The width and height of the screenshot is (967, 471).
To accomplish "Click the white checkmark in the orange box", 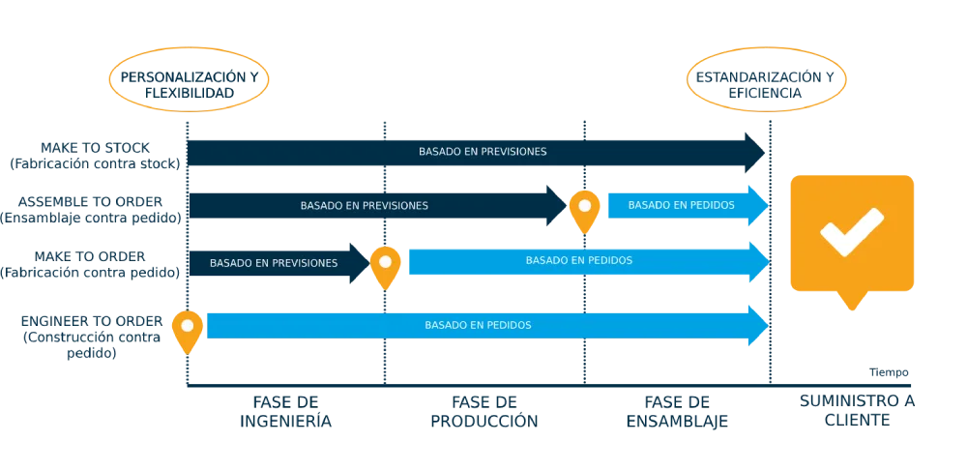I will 851,232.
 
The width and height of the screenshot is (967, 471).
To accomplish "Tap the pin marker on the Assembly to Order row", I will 584,208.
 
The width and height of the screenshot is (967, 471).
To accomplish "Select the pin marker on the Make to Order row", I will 386,264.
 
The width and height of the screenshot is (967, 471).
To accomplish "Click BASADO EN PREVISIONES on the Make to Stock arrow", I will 483,152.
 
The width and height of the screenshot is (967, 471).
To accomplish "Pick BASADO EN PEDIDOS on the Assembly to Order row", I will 681,205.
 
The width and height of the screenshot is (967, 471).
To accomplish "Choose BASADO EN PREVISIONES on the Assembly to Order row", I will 364,205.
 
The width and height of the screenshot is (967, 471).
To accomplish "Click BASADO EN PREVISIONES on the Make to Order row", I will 274,262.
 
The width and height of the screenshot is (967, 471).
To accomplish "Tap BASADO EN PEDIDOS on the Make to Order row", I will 579,260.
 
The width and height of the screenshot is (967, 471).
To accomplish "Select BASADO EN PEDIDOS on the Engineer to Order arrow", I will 478,325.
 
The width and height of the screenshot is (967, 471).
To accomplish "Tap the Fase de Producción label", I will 482,412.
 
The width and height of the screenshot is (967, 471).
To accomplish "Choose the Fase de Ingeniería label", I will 286,412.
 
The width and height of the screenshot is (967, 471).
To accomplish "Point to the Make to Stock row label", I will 94,155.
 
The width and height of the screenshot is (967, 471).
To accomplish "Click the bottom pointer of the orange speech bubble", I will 851,304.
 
